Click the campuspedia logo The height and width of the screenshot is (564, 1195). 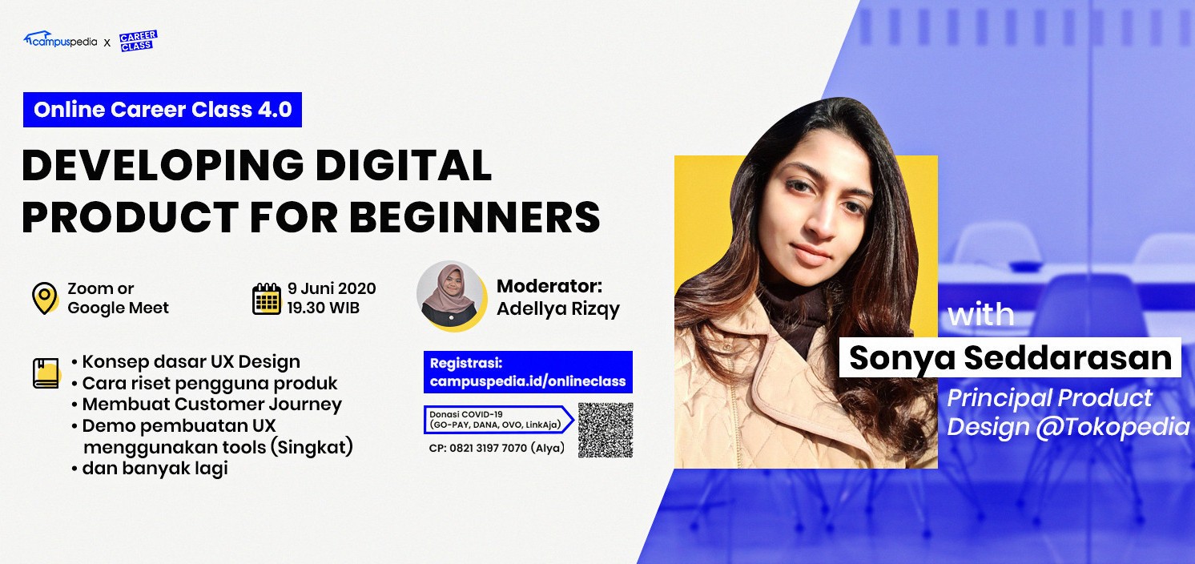(60, 40)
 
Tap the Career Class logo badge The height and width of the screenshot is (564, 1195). (139, 41)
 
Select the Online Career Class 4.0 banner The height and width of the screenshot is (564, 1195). (162, 110)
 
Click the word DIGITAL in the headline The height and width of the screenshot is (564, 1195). (404, 165)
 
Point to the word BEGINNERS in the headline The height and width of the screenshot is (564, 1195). (475, 216)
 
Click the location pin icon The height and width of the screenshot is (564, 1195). (45, 298)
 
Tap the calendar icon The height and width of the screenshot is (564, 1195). (266, 299)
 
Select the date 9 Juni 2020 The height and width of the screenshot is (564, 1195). (332, 288)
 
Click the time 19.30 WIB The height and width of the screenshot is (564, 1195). (324, 308)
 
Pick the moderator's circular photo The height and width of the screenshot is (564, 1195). (451, 295)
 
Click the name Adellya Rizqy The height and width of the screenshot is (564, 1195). (558, 309)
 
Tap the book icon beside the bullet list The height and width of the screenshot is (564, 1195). (46, 373)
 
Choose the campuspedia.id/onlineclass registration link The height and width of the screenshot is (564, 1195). (528, 381)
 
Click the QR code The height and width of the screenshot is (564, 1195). (606, 430)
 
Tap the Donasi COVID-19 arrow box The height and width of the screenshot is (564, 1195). (499, 420)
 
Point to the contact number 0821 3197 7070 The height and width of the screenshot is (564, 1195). (488, 448)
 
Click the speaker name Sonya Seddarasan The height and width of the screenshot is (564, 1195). (1011, 357)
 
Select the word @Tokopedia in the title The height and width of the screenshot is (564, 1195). (1113, 427)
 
